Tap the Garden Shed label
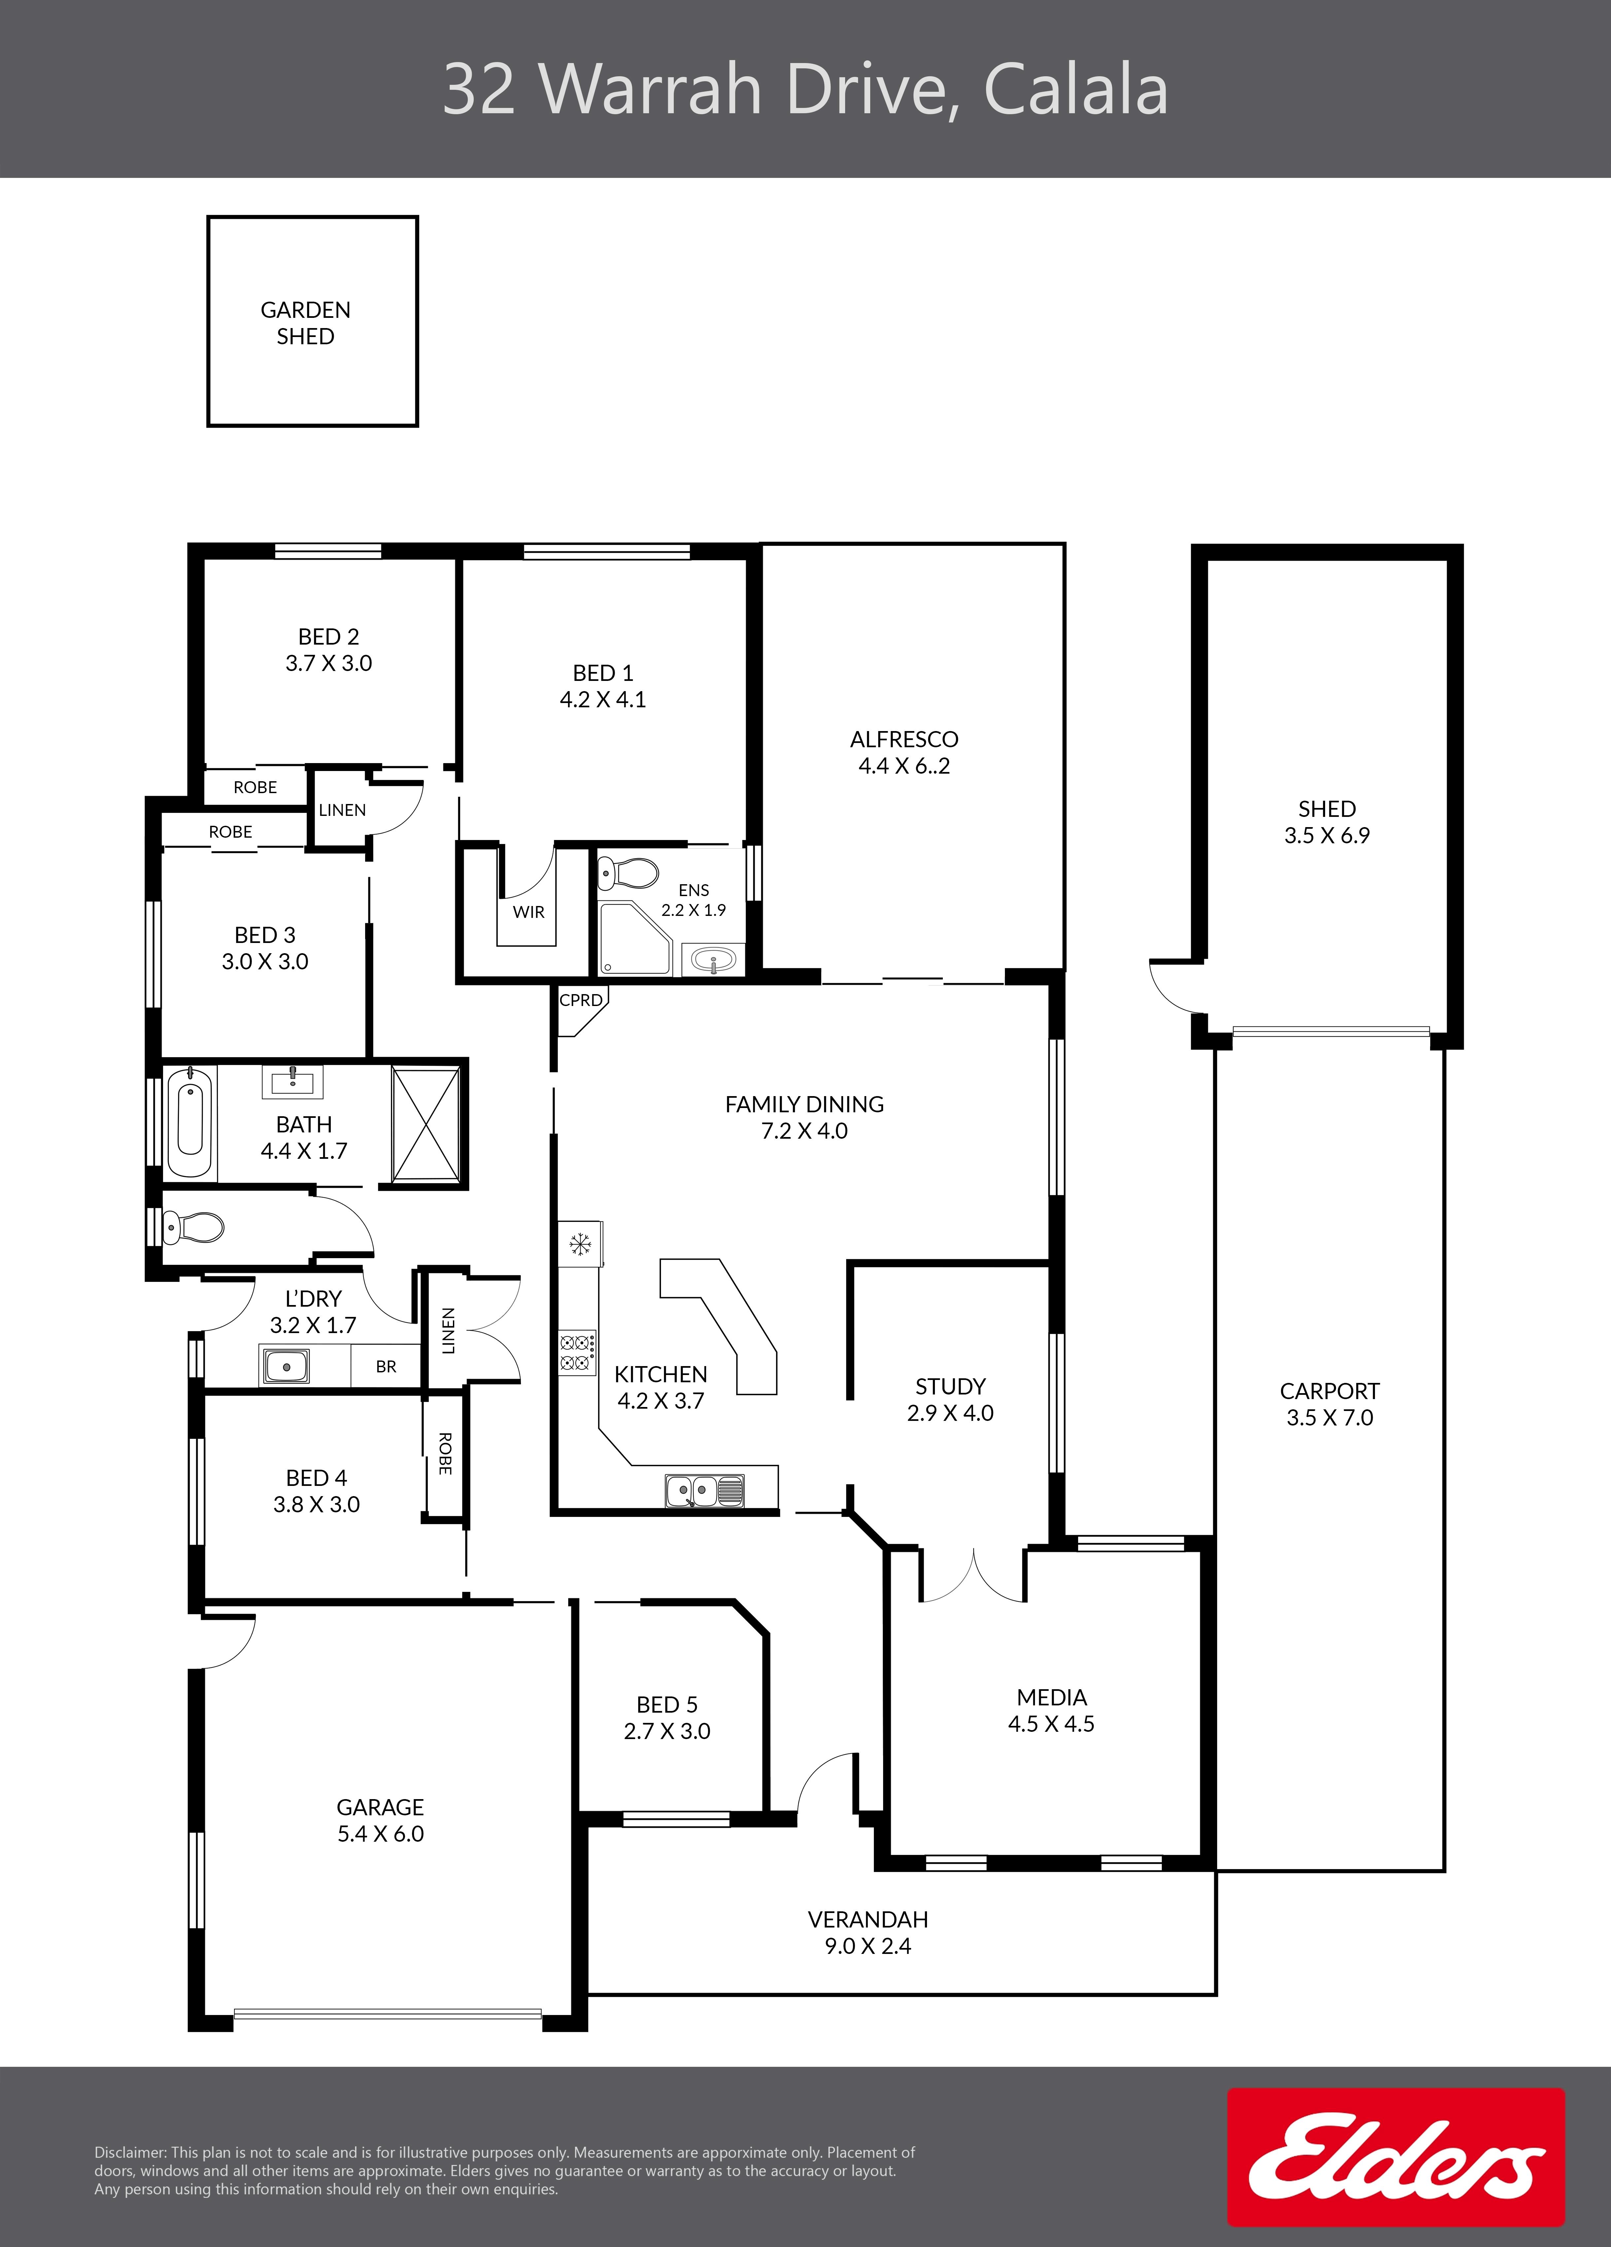point(305,323)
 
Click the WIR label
point(528,912)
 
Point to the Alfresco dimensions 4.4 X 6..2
point(904,766)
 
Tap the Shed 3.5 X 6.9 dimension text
point(1327,835)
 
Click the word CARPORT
point(1330,1391)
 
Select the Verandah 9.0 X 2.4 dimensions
point(868,1946)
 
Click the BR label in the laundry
point(386,1366)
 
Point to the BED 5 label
point(667,1704)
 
